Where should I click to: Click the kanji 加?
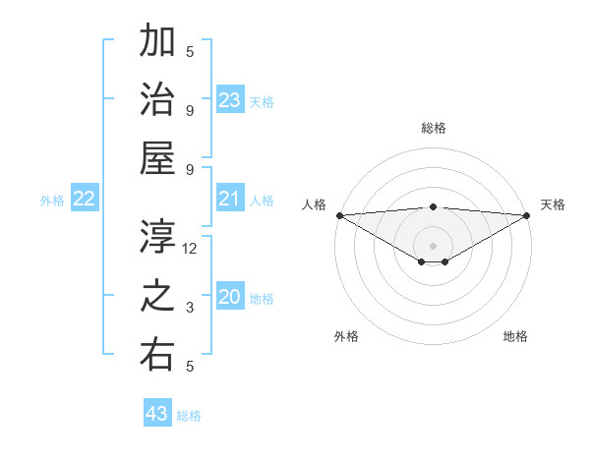(x=158, y=42)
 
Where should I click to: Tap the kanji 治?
(x=158, y=100)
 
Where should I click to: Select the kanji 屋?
(x=158, y=158)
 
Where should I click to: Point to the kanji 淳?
(x=158, y=237)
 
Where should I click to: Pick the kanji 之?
(x=158, y=297)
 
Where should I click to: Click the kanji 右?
(x=158, y=355)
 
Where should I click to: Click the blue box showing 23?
(x=230, y=99)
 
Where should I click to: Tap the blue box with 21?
(x=230, y=200)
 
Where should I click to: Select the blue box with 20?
(x=230, y=298)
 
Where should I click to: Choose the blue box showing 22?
(x=85, y=200)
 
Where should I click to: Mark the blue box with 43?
(x=157, y=414)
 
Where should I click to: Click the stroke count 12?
(x=191, y=249)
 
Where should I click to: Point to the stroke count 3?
(x=191, y=309)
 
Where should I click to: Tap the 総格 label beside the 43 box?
(x=189, y=416)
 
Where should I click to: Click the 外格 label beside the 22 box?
(x=52, y=201)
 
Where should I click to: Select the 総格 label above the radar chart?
(x=434, y=128)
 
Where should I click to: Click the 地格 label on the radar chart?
(x=515, y=336)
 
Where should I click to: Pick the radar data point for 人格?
(x=338, y=214)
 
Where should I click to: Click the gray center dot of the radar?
(x=433, y=244)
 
